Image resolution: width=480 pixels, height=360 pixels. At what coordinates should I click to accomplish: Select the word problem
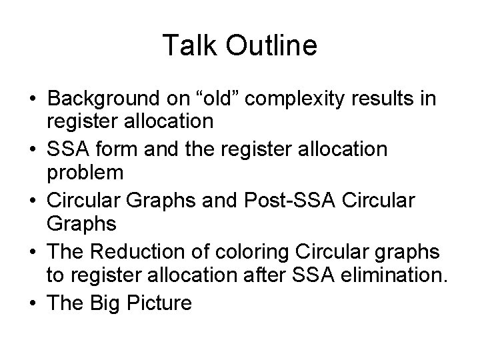85,173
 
